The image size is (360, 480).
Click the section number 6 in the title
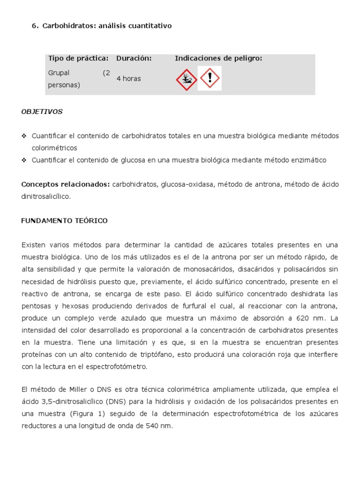coord(34,26)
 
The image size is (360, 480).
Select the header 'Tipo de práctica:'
coord(78,58)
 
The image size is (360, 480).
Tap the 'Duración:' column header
coord(134,58)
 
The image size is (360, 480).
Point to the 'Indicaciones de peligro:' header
coord(218,58)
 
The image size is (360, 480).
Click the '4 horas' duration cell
coord(128,79)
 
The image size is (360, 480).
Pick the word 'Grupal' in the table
coord(58,73)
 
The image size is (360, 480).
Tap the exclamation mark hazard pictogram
coord(210,78)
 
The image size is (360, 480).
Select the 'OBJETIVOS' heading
coord(42,112)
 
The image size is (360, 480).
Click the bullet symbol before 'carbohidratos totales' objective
coord(24,136)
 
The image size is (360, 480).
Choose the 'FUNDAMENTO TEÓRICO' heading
coord(64,221)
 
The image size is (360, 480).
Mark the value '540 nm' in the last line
coord(162,426)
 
